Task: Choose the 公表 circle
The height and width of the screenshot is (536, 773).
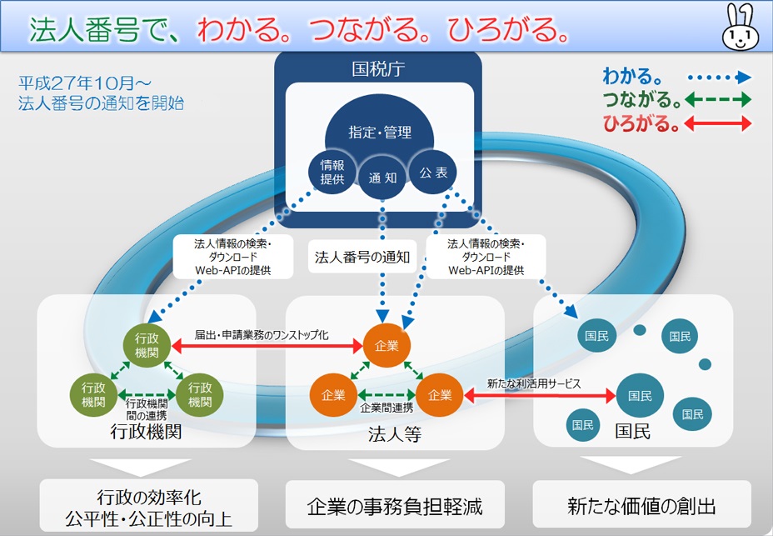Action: [x=433, y=172]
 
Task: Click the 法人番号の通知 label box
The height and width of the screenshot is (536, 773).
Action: [x=362, y=258]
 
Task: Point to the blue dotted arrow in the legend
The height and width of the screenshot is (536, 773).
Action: [x=721, y=78]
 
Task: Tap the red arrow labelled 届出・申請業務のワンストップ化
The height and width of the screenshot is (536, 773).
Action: [x=267, y=344]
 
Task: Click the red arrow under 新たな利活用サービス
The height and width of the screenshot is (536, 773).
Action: [x=539, y=394]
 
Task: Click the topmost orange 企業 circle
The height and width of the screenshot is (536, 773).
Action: [x=386, y=344]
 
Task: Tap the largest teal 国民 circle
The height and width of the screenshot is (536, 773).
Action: [x=640, y=394]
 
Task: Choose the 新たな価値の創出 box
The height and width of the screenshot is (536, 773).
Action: [x=641, y=505]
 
